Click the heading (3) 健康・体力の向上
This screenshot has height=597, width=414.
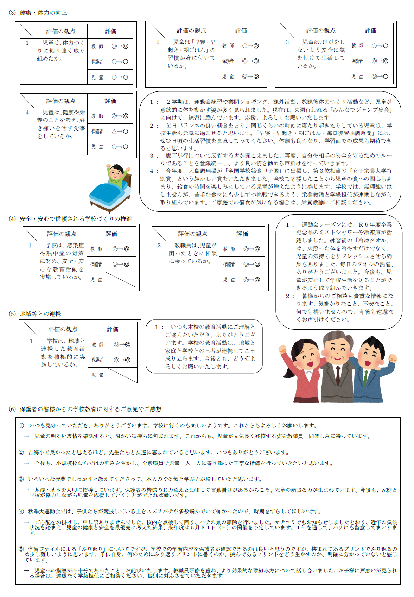click(38, 13)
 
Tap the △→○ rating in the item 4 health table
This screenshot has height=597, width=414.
click(120, 131)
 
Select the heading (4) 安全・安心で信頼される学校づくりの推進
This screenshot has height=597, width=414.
click(70, 219)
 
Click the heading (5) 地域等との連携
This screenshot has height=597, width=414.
click(35, 314)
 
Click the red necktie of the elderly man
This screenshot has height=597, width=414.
click(337, 373)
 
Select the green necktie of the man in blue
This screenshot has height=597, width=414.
click(366, 378)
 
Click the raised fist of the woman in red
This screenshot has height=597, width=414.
click(282, 349)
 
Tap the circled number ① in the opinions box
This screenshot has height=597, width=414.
click(21, 426)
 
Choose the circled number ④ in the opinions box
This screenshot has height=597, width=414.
click(21, 512)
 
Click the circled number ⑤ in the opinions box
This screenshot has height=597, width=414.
click(21, 549)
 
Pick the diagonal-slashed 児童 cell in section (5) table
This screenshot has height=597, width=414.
click(122, 375)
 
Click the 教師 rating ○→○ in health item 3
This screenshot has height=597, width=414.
click(380, 46)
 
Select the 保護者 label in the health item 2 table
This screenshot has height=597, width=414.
click(228, 61)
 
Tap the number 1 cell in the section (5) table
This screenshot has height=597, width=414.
click(31, 341)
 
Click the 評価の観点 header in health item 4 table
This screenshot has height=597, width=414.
click(61, 101)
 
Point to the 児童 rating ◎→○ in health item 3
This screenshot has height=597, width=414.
click(380, 76)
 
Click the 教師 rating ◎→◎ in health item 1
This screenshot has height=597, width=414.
click(120, 46)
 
